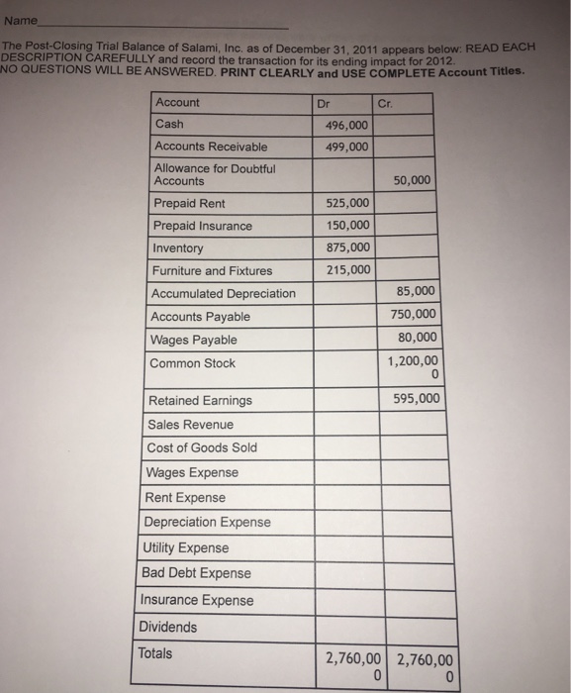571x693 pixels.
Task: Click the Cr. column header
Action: pos(387,102)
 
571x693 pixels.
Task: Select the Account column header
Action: pos(177,102)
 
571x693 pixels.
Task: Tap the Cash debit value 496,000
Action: pos(346,125)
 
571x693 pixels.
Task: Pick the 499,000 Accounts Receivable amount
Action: pos(346,147)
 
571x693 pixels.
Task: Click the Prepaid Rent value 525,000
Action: pos(346,203)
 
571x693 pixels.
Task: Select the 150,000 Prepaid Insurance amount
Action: pos(346,225)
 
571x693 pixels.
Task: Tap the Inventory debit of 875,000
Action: pos(346,247)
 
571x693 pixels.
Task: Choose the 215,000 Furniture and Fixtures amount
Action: pos(346,269)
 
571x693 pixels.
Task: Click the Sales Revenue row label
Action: pos(190,425)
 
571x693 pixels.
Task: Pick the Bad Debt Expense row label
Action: pos(197,573)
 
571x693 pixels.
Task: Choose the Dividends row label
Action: pos(167,627)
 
